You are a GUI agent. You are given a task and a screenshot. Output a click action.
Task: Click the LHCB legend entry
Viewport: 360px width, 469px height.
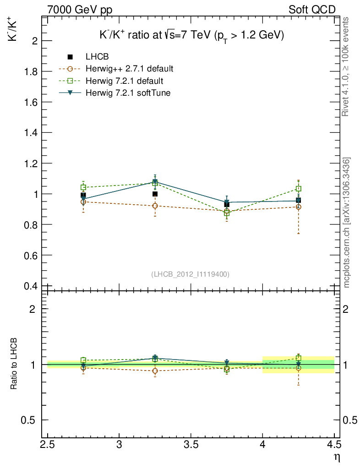click(97, 57)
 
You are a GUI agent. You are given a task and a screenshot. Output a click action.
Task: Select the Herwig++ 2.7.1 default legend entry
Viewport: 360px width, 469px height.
click(129, 69)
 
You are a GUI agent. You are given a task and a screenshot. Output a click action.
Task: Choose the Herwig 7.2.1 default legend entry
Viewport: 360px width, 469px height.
click(124, 81)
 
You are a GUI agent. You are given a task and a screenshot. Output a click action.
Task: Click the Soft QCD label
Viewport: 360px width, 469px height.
click(312, 10)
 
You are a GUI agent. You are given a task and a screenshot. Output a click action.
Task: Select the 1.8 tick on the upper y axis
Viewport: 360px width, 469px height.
click(30, 71)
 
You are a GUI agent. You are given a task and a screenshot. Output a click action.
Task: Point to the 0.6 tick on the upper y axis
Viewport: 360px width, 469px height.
click(30, 255)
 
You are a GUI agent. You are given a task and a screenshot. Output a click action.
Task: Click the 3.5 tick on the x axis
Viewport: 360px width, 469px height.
click(191, 444)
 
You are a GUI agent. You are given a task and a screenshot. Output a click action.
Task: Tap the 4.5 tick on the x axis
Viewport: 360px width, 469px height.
click(334, 444)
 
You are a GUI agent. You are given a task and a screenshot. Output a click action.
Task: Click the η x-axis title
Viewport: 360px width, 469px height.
click(337, 457)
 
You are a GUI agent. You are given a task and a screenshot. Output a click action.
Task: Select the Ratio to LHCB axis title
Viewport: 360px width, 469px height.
click(14, 365)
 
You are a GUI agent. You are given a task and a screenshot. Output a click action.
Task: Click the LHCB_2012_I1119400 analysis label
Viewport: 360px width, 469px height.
click(190, 274)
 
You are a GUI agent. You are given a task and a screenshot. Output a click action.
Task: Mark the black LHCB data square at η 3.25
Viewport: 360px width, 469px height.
click(155, 194)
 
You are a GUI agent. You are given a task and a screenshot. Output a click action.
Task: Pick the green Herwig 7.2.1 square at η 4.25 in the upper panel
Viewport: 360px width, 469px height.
click(298, 188)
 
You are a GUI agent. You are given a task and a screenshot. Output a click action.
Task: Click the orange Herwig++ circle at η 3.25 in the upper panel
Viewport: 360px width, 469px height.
click(155, 206)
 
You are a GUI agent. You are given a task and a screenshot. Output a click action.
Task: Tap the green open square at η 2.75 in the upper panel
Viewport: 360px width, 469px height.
click(83, 187)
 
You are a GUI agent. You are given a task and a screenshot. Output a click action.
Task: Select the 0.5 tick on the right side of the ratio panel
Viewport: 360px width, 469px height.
click(350, 420)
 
